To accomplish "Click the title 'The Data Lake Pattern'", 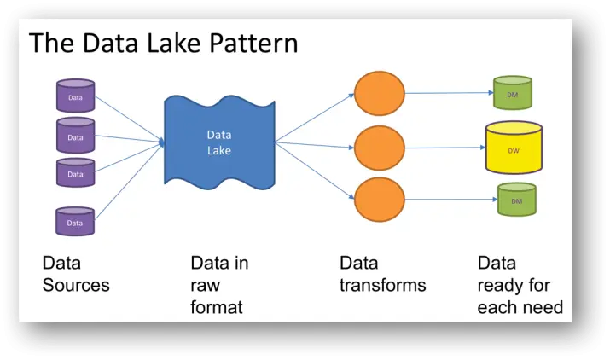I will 164,44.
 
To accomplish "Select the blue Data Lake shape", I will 219,142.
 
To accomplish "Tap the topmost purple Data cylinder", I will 75,96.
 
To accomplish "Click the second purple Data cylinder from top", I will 75,135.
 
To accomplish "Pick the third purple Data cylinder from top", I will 75,172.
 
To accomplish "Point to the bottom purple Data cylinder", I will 75,221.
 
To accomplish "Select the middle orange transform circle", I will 379,148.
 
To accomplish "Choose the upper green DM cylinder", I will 513,93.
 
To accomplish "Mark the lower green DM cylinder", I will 516,200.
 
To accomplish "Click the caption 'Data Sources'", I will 76,274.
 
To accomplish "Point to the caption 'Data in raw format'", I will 219,285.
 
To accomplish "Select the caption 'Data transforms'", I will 382,274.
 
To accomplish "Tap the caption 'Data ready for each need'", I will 520,285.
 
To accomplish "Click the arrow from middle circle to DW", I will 444,148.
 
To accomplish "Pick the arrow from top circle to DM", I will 448,93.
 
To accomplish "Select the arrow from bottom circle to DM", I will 450,201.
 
